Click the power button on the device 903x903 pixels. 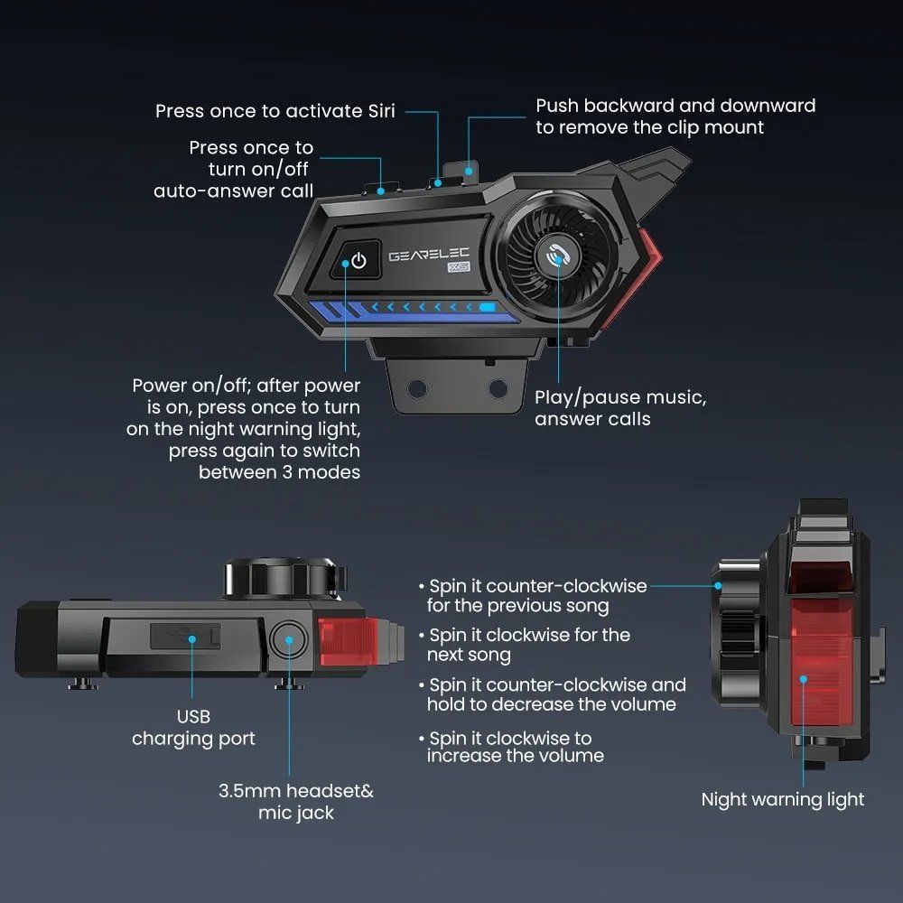pos(358,261)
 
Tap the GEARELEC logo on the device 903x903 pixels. pos(428,256)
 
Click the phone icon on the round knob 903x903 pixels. pos(557,257)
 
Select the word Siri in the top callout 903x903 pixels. pos(375,111)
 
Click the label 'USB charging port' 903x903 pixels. pos(193,727)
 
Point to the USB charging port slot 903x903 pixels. pos(185,638)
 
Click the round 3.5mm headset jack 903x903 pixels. pos(289,640)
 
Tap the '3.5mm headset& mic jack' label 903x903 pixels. pos(296,802)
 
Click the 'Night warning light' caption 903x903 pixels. pos(783,799)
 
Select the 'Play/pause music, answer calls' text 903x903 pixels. pos(620,407)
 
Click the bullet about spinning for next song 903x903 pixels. pos(528,645)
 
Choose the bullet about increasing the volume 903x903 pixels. pos(515,747)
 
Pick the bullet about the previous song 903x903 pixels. pos(536,596)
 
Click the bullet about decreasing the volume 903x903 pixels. pos(555,694)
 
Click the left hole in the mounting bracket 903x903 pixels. pos(416,388)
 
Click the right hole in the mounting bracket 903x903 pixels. pos(497,388)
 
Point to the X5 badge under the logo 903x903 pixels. pos(459,266)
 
